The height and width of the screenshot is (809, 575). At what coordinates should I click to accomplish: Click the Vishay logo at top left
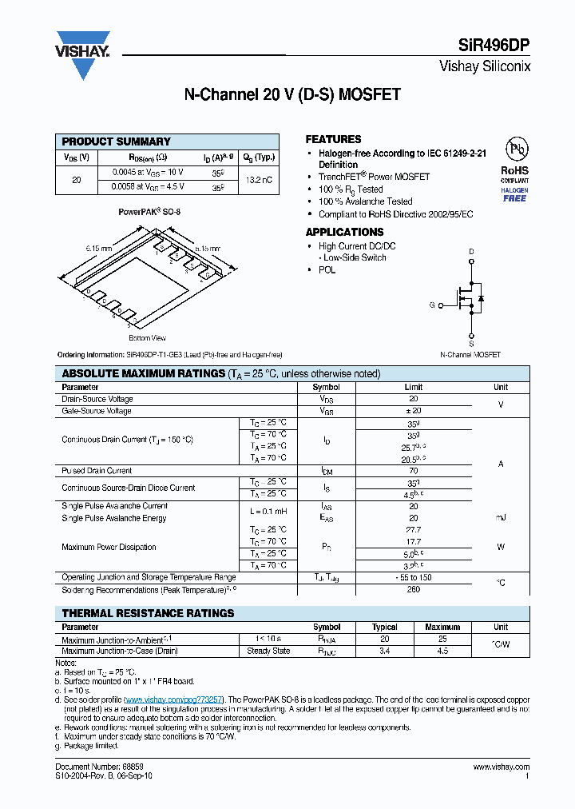point(83,54)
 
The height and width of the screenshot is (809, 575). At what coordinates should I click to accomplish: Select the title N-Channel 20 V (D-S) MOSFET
point(291,95)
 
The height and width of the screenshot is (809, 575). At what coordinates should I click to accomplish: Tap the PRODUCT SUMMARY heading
point(117,141)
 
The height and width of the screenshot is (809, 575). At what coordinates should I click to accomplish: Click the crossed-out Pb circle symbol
point(515,149)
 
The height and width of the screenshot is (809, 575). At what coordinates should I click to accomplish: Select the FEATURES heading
point(333,139)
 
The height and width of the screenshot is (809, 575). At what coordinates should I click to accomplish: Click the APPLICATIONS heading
point(344,232)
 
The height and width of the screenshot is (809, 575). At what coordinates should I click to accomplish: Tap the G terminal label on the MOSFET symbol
point(432,305)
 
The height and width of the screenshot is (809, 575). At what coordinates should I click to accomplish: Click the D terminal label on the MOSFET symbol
point(471,252)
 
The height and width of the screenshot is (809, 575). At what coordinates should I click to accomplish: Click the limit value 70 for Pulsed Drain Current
point(413,471)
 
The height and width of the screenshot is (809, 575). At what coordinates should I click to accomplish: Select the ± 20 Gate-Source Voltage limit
point(413,411)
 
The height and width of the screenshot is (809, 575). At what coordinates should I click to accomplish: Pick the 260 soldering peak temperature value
point(413,590)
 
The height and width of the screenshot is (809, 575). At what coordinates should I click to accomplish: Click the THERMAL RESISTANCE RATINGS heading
point(149,613)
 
